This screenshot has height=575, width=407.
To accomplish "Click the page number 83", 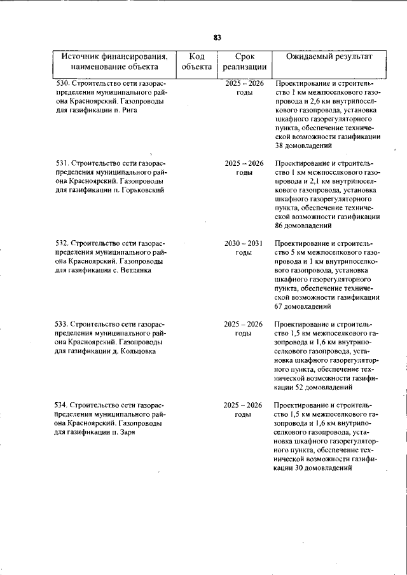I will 217,37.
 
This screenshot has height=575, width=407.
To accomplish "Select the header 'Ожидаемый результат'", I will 329,57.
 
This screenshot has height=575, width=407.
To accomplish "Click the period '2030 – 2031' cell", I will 244,243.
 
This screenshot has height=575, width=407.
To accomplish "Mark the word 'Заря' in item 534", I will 128,431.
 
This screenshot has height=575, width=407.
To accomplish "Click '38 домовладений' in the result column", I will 305,145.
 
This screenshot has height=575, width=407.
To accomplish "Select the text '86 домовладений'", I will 305,226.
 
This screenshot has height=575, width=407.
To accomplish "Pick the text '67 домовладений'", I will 305,306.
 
